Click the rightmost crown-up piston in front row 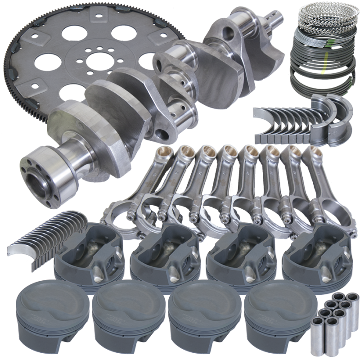pyautogui.click(x=277, y=315)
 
